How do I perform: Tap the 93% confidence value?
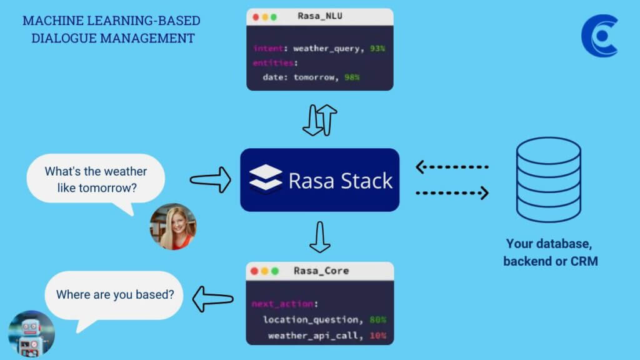point(377,48)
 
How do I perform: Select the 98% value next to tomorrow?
point(351,77)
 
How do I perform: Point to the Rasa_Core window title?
point(321,271)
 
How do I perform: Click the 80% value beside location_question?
point(377,320)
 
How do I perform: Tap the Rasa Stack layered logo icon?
point(265,180)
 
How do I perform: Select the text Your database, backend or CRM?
point(550,252)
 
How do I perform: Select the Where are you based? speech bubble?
point(114,294)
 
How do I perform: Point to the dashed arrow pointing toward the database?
point(451,193)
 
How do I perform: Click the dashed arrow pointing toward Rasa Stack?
point(451,167)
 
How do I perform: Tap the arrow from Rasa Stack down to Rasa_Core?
point(320,237)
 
